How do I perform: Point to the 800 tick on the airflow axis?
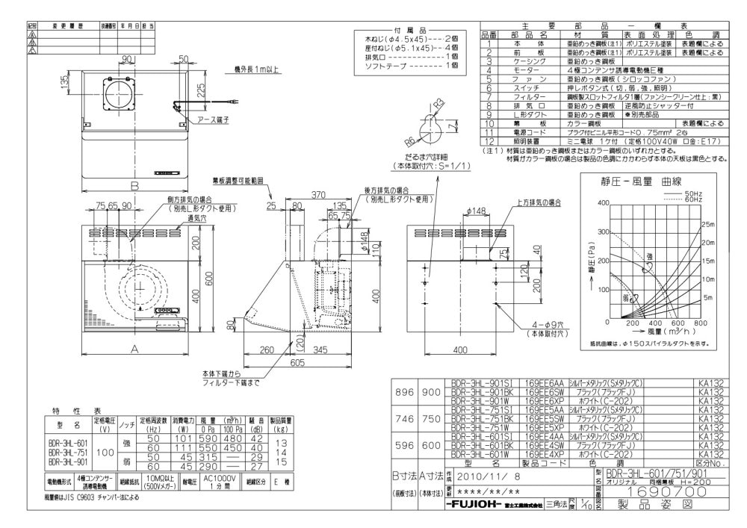(x=700, y=323)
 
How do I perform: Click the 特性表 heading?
(x=76, y=411)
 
